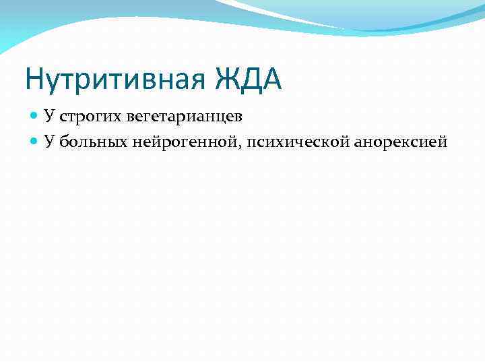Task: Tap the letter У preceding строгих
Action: pyautogui.click(x=49, y=116)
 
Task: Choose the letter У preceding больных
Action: pyautogui.click(x=49, y=141)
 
